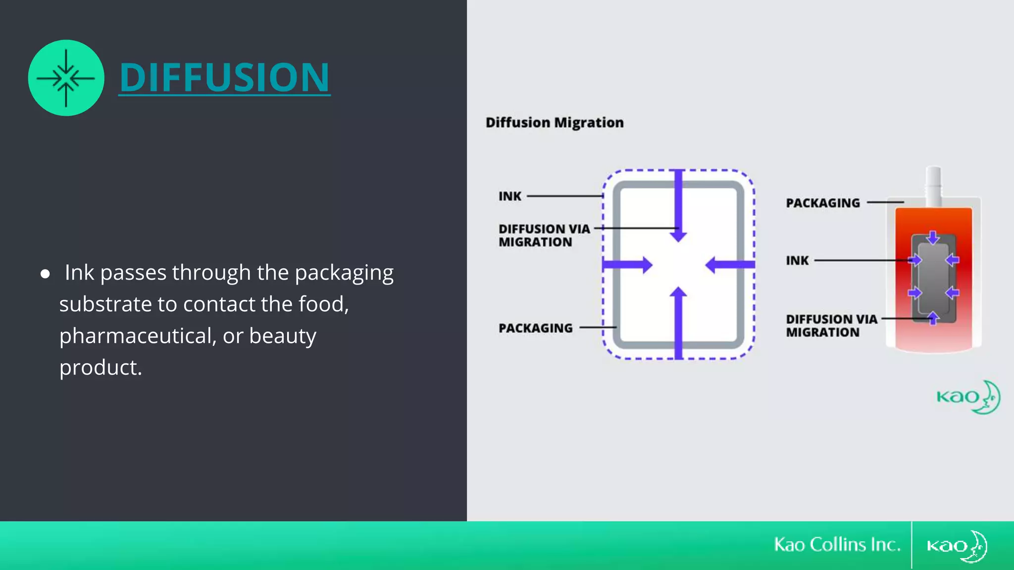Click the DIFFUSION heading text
[x=224, y=77]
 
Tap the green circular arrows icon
[x=66, y=78]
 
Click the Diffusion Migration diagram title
[x=554, y=122]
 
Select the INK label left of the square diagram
[x=509, y=196]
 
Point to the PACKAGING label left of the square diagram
[x=535, y=328]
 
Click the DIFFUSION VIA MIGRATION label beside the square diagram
[x=544, y=236]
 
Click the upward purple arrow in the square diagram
[x=678, y=322]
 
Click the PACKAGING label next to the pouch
[x=822, y=203]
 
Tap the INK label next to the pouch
[x=797, y=260]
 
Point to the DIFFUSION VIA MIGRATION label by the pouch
[x=831, y=326]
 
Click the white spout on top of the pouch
[x=933, y=186]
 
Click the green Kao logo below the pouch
[x=968, y=397]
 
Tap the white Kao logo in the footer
[x=957, y=546]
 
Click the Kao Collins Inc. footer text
[x=837, y=545]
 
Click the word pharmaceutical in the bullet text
[x=137, y=336]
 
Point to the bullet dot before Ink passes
[x=45, y=274]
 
